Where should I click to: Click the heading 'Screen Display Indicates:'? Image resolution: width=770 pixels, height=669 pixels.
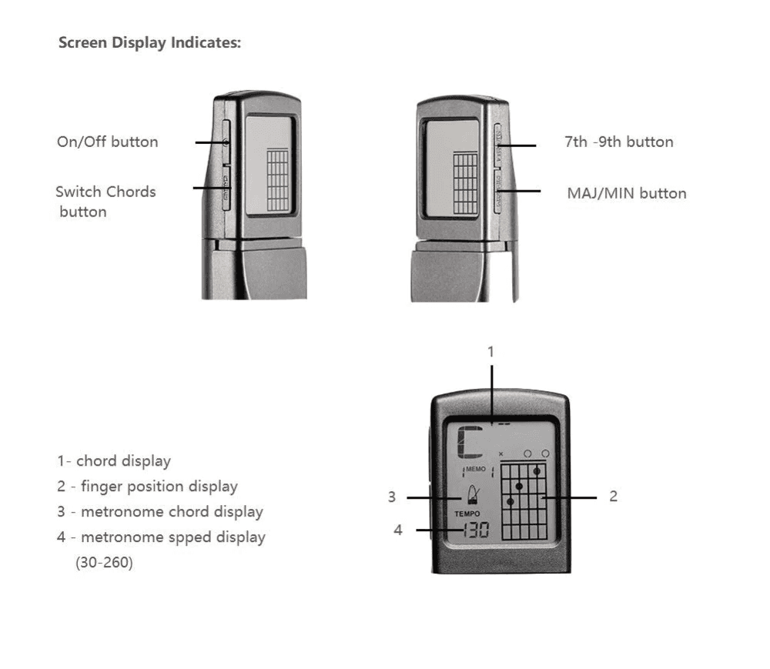click(x=150, y=42)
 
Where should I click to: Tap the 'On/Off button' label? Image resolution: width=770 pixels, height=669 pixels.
click(x=107, y=142)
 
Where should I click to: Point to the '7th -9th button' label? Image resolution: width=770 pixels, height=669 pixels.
click(x=618, y=142)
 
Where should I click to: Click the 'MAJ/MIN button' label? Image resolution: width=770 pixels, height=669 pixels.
click(x=626, y=192)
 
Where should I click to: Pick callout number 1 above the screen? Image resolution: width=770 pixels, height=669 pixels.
click(x=490, y=351)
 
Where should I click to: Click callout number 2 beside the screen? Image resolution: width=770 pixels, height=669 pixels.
click(x=613, y=497)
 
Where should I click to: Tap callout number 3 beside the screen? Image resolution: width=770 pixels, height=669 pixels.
click(x=392, y=497)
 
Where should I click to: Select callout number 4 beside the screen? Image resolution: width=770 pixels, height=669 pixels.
click(x=398, y=530)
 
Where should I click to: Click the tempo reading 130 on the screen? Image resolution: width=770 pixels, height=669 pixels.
click(x=475, y=530)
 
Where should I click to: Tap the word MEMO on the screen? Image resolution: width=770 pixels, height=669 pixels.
click(x=476, y=468)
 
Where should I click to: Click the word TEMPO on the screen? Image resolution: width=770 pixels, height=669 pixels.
click(x=467, y=513)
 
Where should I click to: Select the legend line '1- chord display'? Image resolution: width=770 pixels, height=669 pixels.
click(x=114, y=461)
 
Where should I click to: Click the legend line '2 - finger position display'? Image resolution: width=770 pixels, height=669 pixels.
click(x=147, y=487)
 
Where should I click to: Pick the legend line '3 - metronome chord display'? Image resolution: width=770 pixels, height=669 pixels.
click(x=159, y=512)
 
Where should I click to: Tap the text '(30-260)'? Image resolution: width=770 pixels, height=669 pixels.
click(x=104, y=563)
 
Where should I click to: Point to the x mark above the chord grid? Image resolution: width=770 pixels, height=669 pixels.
click(x=501, y=454)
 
